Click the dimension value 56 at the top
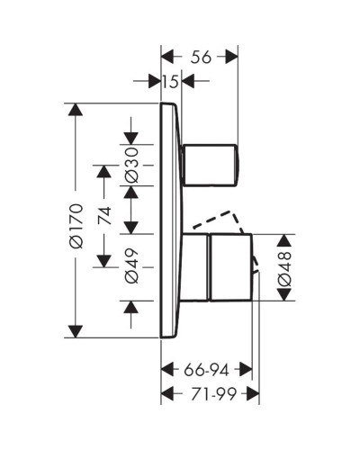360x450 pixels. point(201,56)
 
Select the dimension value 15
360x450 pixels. point(171,82)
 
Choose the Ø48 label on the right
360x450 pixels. point(283,267)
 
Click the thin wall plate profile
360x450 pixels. point(168,220)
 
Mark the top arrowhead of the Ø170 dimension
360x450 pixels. point(76,112)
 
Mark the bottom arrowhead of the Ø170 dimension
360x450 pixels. point(76,330)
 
